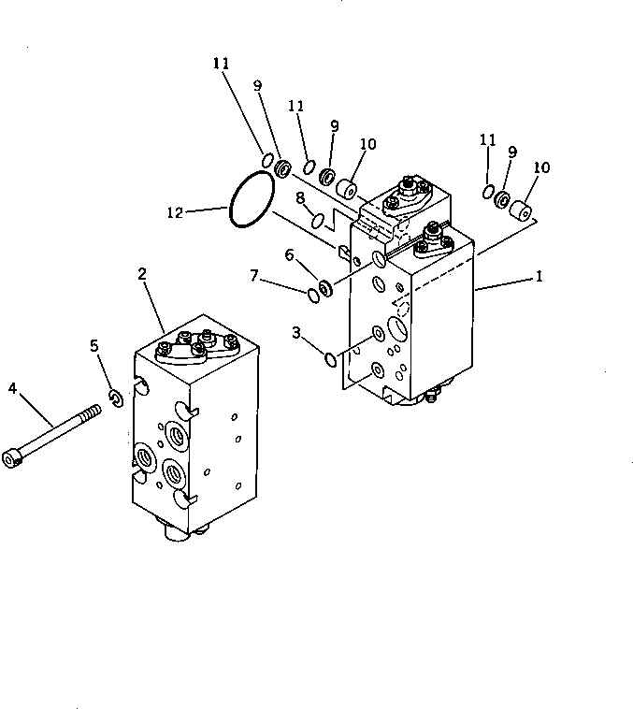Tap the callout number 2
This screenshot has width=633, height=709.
[x=142, y=273]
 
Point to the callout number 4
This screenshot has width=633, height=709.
[x=13, y=387]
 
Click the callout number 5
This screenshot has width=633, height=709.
[x=94, y=346]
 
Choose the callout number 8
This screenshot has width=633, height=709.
[x=300, y=198]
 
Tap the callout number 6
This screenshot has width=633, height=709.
[x=290, y=254]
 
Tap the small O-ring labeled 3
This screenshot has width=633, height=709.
[x=329, y=357]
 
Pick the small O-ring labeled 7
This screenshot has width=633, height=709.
[x=311, y=296]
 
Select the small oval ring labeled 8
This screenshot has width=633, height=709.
[x=318, y=221]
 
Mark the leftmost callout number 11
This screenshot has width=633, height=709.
[x=220, y=65]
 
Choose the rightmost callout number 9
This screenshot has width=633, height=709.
[x=512, y=151]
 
